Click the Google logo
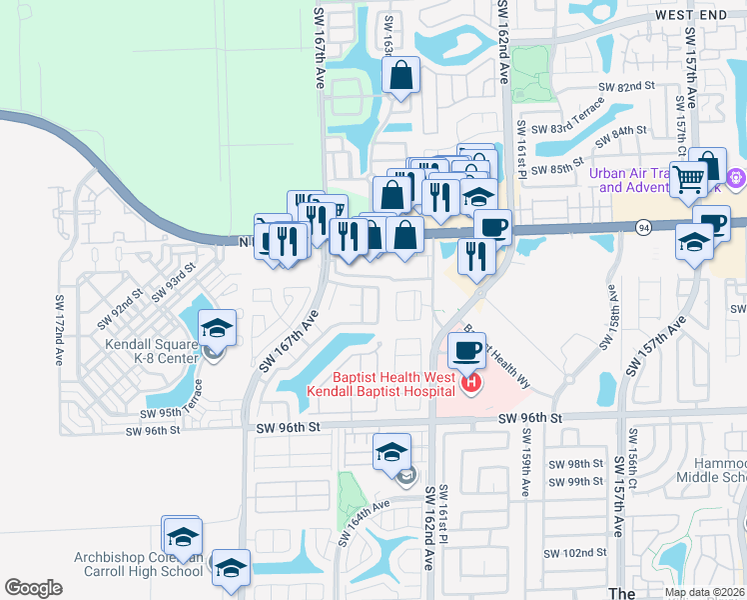[x=33, y=588]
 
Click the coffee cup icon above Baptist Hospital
[x=466, y=350]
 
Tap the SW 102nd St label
[x=575, y=553]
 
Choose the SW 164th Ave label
[x=363, y=523]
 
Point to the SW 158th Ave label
[x=608, y=319]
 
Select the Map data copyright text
[x=705, y=592]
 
